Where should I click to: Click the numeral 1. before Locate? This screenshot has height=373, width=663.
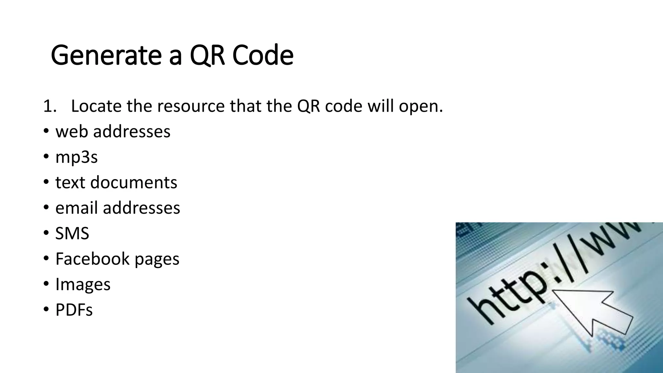pyautogui.click(x=50, y=106)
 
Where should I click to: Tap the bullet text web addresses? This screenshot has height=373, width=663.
pyautogui.click(x=113, y=131)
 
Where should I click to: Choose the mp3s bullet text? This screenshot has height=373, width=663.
pyautogui.click(x=76, y=157)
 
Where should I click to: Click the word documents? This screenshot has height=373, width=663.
pyautogui.click(x=134, y=182)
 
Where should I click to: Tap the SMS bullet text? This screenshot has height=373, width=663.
pyautogui.click(x=72, y=233)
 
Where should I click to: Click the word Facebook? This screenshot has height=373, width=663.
pyautogui.click(x=92, y=259)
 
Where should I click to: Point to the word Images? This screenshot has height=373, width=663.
pyautogui.click(x=83, y=284)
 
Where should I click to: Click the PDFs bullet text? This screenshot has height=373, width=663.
pyautogui.click(x=74, y=310)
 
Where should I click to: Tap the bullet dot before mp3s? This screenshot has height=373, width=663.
pyautogui.click(x=46, y=157)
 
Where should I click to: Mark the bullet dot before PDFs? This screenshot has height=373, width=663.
pyautogui.click(x=46, y=310)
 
